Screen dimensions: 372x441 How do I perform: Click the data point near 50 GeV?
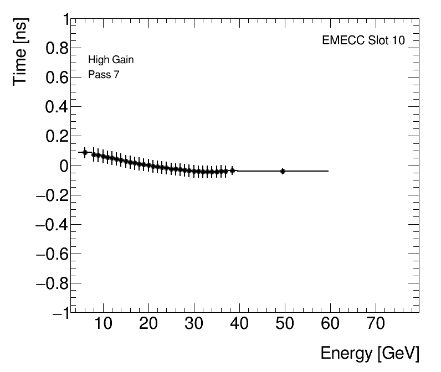283,171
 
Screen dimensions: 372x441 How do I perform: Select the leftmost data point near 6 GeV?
85,152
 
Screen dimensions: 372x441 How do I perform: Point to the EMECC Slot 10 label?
363,41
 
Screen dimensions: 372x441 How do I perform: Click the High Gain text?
111,60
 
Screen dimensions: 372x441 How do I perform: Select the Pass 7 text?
104,75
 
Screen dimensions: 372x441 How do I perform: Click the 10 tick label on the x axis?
103,324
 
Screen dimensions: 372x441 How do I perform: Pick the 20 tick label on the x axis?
148,324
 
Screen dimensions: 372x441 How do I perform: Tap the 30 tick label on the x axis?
194,324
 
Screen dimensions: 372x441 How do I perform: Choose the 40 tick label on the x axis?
239,324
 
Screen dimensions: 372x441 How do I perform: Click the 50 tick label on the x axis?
285,324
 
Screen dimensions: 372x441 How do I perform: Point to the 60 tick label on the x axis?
330,324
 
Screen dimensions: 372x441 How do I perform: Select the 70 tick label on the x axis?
376,324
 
